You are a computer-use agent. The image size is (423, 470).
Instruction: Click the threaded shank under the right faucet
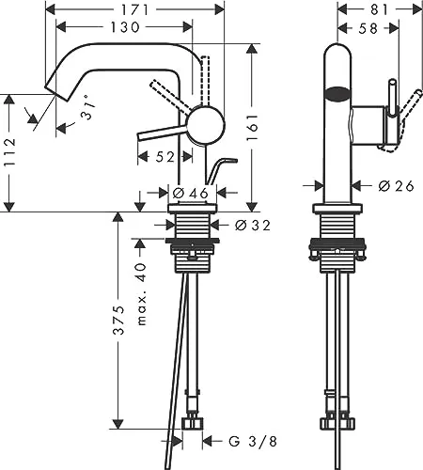336,230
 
